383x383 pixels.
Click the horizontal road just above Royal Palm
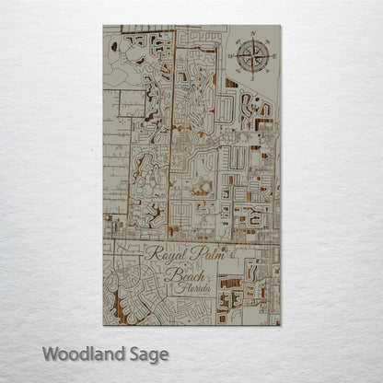(184, 241)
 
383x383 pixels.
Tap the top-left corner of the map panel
(104, 26)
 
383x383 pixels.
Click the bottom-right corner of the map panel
(280, 324)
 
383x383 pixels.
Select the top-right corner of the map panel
(280, 26)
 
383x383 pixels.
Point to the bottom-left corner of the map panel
(104, 324)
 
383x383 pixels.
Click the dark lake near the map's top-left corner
(113, 45)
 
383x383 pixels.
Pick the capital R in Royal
(149, 255)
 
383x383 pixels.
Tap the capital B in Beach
(169, 274)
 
